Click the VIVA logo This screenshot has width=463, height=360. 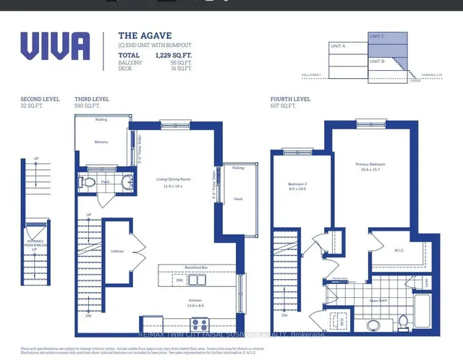tap(55, 46)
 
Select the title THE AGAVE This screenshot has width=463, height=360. tap(138, 35)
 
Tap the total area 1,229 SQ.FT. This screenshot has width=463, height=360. tap(174, 55)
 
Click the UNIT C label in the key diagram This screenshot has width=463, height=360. tap(377, 36)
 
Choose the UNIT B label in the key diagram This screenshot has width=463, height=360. tap(377, 61)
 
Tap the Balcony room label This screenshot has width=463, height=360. tap(101, 142)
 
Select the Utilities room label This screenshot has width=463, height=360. tap(117, 252)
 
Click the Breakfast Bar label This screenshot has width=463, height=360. tap(196, 267)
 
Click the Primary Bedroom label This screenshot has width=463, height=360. tap(370, 164)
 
